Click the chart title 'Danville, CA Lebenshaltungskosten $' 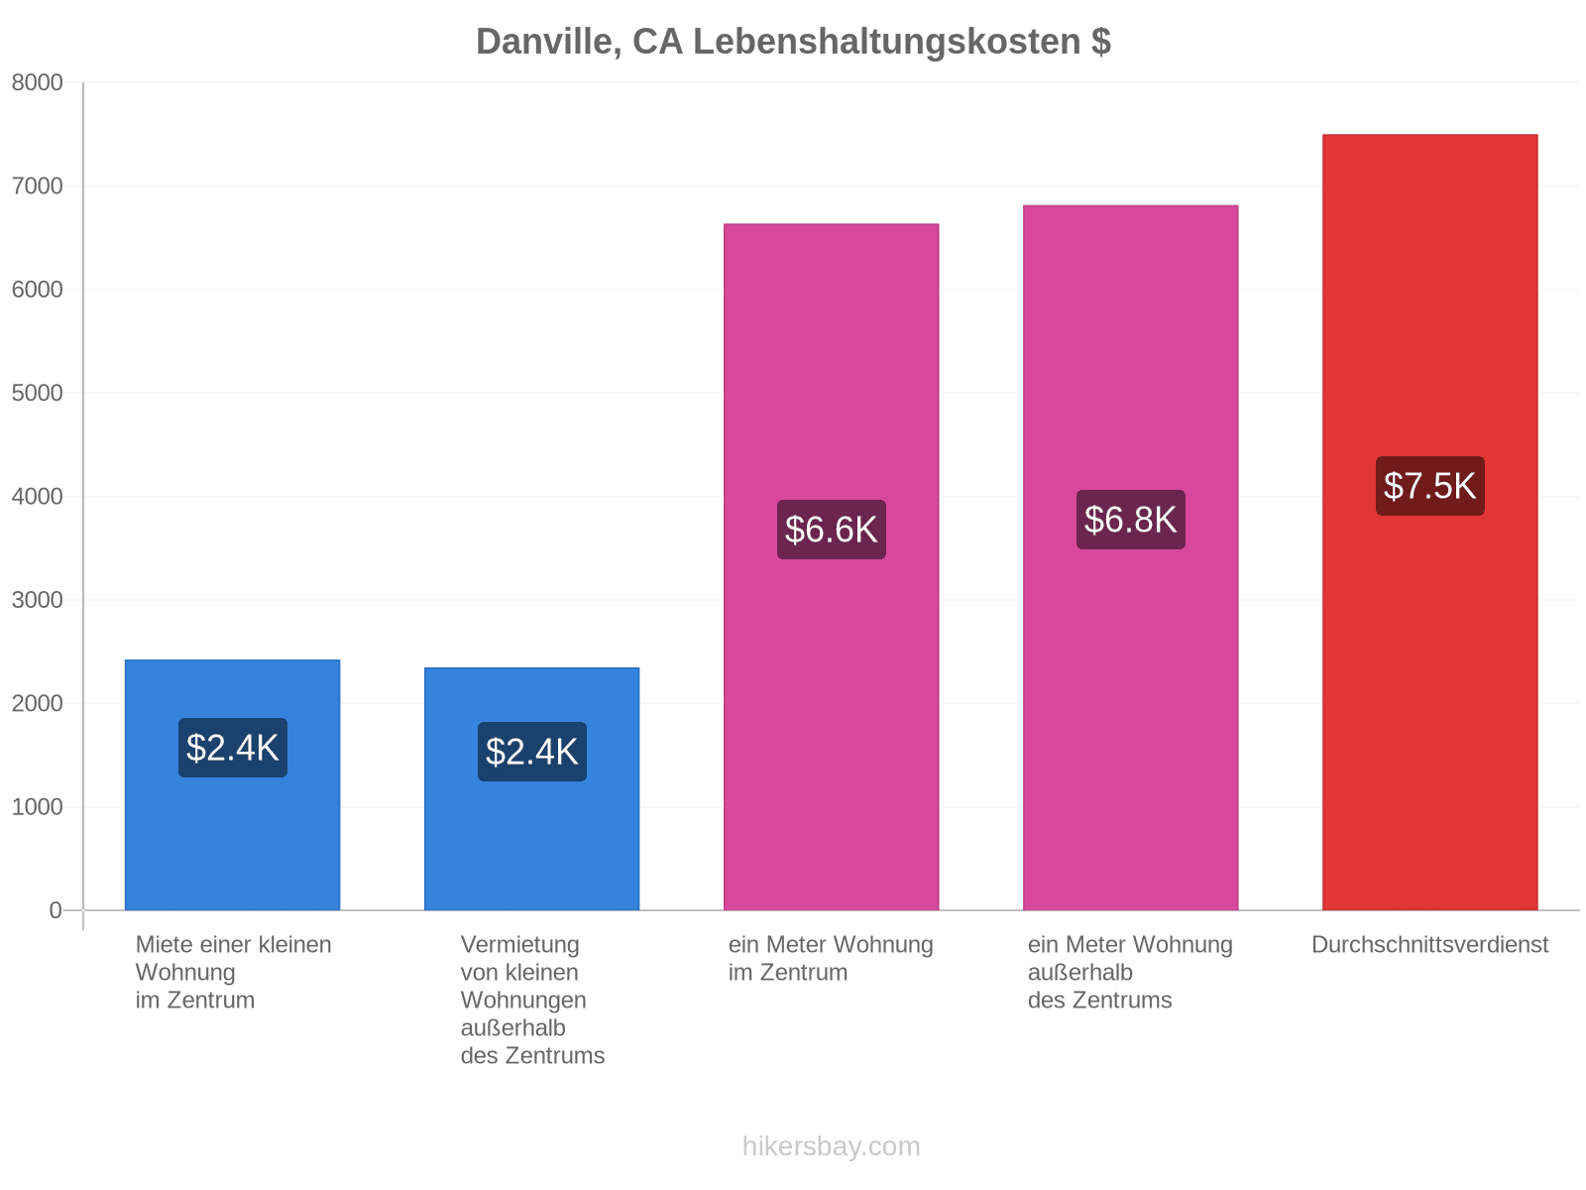click(x=793, y=42)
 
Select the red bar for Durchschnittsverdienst click(x=1428, y=522)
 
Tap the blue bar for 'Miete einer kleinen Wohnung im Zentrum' click(x=232, y=784)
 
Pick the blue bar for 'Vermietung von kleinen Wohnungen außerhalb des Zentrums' click(x=531, y=788)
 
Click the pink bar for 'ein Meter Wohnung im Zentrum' click(x=831, y=566)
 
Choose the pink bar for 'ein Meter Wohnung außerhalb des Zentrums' click(x=1130, y=557)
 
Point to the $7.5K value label click(x=1429, y=486)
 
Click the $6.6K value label click(x=831, y=529)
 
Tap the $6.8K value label click(x=1130, y=519)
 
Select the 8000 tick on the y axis click(x=37, y=82)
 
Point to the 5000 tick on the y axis click(x=37, y=393)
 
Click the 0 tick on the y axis click(x=56, y=909)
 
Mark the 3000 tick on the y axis click(x=37, y=600)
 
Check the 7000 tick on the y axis click(x=37, y=185)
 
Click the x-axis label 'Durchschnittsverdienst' click(x=1429, y=944)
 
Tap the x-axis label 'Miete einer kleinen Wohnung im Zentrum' click(x=233, y=972)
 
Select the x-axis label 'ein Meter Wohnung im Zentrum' click(x=831, y=958)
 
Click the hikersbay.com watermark click(x=831, y=1146)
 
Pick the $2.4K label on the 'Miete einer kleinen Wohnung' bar click(x=232, y=747)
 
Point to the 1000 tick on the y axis click(x=37, y=806)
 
